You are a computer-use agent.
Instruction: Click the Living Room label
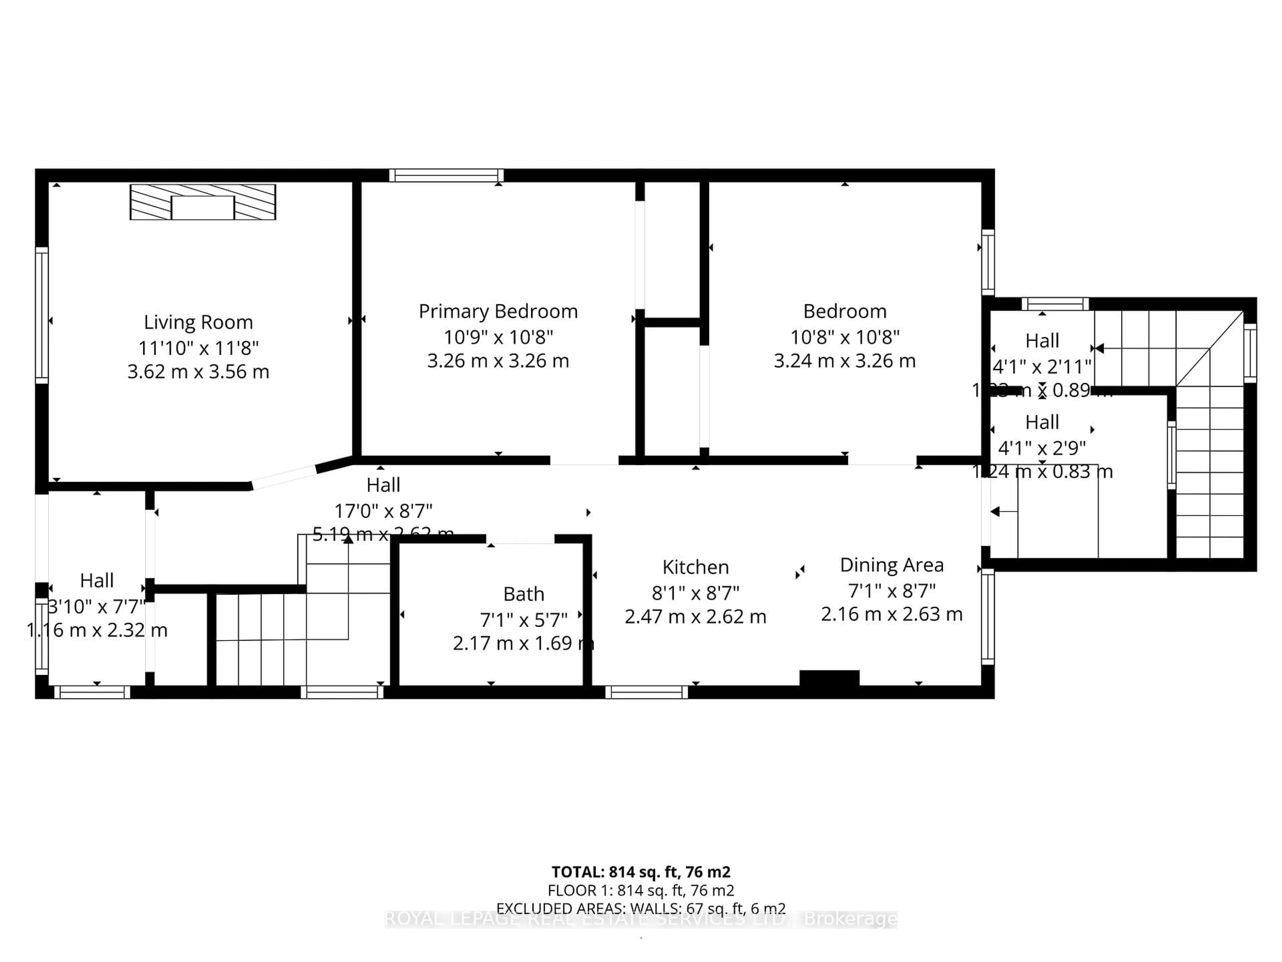(x=198, y=322)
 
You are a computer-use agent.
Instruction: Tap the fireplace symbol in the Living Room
(x=203, y=202)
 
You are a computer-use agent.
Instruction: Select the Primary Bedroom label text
(x=498, y=311)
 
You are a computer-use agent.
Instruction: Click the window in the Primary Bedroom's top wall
(x=446, y=175)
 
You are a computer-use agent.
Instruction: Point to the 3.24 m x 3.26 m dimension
(x=844, y=361)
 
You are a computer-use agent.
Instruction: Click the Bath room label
(x=523, y=594)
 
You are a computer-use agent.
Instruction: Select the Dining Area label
(x=891, y=565)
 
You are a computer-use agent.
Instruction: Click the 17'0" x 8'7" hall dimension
(x=383, y=511)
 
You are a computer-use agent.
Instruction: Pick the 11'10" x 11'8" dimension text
(x=198, y=348)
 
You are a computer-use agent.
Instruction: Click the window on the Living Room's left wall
(x=42, y=315)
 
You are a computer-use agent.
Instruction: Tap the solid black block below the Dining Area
(x=829, y=678)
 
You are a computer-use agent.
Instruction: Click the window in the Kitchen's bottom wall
(x=646, y=692)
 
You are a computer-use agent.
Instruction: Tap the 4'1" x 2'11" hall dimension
(x=1042, y=366)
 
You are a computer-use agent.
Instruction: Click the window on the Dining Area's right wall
(x=988, y=616)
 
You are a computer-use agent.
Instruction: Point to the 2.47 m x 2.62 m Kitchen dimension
(x=695, y=616)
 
